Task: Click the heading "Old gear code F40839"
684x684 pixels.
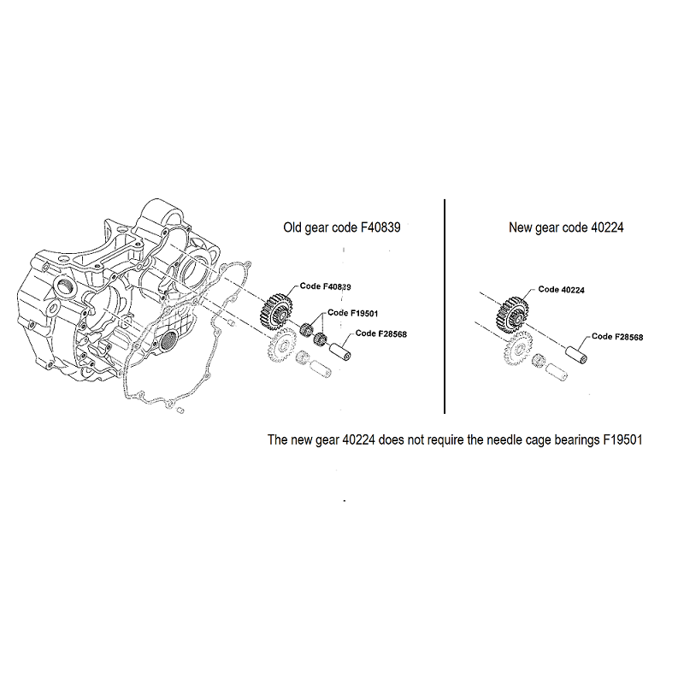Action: coord(341,227)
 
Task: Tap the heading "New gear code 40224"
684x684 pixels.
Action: coord(566,227)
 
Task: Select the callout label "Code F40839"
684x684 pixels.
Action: coord(326,286)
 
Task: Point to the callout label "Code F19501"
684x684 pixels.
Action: coord(353,313)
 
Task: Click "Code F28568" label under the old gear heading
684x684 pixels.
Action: coord(380,333)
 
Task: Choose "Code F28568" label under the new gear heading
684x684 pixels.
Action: coord(617,337)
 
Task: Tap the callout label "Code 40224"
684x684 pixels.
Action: coord(561,290)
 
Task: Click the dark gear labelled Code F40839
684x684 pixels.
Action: coord(276,311)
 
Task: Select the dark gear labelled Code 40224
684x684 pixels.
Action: coord(512,314)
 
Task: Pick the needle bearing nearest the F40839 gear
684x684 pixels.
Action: coord(307,329)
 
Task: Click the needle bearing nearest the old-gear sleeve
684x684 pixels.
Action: coord(321,338)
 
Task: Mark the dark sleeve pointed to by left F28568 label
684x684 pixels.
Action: coord(340,351)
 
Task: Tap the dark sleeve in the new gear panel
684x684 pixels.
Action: coord(576,355)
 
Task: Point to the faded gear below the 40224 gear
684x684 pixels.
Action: coord(518,348)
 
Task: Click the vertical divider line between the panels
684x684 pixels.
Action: coord(445,306)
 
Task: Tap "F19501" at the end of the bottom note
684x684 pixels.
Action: coord(622,439)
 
